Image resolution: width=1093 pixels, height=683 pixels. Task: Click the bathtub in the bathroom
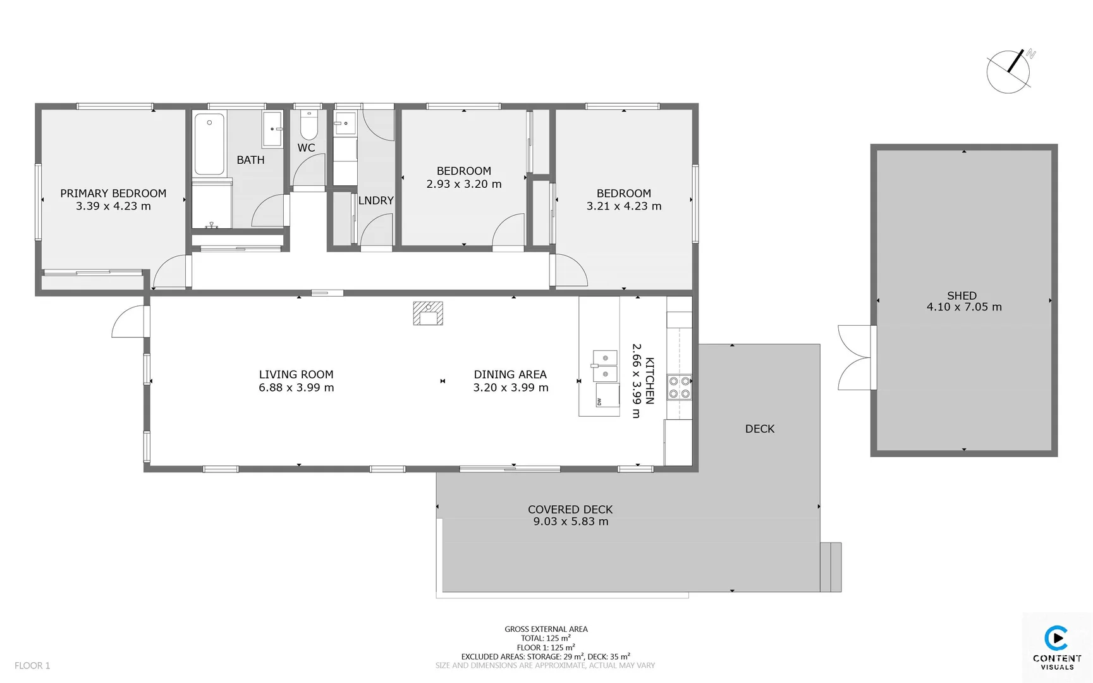click(209, 144)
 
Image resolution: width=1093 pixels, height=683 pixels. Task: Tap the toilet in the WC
click(308, 126)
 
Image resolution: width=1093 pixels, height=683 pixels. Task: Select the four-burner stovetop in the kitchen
click(679, 388)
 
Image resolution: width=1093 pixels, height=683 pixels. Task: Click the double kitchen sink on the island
click(604, 366)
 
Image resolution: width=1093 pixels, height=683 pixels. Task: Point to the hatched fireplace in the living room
click(428, 314)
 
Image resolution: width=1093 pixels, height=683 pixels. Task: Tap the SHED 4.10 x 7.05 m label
click(963, 301)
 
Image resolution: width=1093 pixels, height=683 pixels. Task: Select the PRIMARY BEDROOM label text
click(113, 194)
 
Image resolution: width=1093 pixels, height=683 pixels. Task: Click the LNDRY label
click(376, 200)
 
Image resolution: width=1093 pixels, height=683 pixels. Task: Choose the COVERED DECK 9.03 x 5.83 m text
click(570, 515)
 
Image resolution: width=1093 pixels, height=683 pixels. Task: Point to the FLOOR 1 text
click(32, 665)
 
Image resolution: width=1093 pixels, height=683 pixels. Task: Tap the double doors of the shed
click(855, 358)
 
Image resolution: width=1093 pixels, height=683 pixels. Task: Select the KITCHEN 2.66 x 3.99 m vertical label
click(643, 381)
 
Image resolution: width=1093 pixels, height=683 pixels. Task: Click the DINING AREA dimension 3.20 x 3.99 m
click(511, 388)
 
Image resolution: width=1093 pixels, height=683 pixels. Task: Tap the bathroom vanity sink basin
click(272, 129)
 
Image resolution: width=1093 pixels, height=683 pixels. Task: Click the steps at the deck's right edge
click(831, 567)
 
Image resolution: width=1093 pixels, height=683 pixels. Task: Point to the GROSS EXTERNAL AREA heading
click(546, 629)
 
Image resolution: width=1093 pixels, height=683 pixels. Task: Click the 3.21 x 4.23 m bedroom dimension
click(623, 206)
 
